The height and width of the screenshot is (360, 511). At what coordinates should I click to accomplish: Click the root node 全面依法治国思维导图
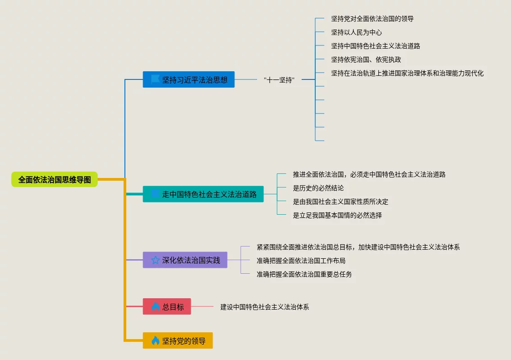55,179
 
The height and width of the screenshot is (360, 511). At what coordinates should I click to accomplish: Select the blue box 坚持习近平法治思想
189,79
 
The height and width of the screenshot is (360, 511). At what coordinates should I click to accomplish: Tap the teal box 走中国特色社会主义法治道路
203,194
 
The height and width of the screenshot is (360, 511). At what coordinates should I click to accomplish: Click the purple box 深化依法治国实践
185,260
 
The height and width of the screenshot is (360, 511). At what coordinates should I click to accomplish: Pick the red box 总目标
167,306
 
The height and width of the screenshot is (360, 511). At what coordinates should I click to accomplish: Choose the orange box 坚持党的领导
178,340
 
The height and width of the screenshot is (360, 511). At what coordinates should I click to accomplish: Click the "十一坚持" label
279,80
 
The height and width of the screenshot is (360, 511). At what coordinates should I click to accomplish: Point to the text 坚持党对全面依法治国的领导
372,19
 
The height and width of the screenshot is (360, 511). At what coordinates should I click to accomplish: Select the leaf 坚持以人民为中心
357,32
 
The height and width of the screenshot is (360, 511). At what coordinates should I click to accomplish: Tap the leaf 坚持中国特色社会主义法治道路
376,46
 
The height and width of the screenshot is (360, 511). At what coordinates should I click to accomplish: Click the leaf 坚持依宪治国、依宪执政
366,59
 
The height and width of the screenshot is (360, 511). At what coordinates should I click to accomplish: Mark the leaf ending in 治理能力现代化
407,73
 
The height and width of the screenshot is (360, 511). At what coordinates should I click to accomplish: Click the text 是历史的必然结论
318,188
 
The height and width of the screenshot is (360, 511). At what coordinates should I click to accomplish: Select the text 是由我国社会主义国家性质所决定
341,202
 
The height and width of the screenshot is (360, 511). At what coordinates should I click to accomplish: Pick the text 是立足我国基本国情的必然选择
337,215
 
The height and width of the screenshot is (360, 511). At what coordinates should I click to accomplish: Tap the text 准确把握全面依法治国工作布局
301,261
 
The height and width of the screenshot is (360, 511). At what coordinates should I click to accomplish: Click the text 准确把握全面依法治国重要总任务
304,274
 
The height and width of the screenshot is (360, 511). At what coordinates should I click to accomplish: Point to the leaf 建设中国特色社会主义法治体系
265,307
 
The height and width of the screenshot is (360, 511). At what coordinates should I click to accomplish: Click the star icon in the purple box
155,260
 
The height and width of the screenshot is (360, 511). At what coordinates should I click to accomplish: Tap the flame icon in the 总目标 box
155,306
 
